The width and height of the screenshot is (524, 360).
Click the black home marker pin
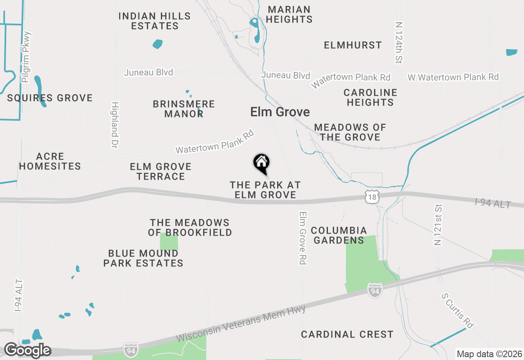coord(261,163)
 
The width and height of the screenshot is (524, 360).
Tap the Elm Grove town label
coord(280,112)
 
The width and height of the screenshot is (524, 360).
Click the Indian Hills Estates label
coord(154,21)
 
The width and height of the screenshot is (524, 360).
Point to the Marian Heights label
coord(289,14)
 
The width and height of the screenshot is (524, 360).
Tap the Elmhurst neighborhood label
coord(352,45)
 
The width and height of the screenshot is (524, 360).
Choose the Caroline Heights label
coord(370,97)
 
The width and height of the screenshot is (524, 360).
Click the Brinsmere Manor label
coord(184,109)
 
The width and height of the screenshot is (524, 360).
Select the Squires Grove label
coord(50,98)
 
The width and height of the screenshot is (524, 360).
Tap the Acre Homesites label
coord(50,161)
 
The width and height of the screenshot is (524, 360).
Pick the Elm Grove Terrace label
coord(160,171)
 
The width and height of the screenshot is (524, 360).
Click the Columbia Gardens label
coord(339,235)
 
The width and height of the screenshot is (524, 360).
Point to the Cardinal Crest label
coord(347,334)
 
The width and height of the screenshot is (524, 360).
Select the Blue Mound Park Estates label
coord(143,258)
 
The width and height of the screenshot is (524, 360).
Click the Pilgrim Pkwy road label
coord(27,57)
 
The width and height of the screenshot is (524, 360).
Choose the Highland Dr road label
coord(115,125)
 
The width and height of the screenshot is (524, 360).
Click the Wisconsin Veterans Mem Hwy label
coord(241,324)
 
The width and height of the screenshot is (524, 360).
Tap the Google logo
coord(27,350)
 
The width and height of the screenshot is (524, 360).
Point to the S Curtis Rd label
coord(457,310)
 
